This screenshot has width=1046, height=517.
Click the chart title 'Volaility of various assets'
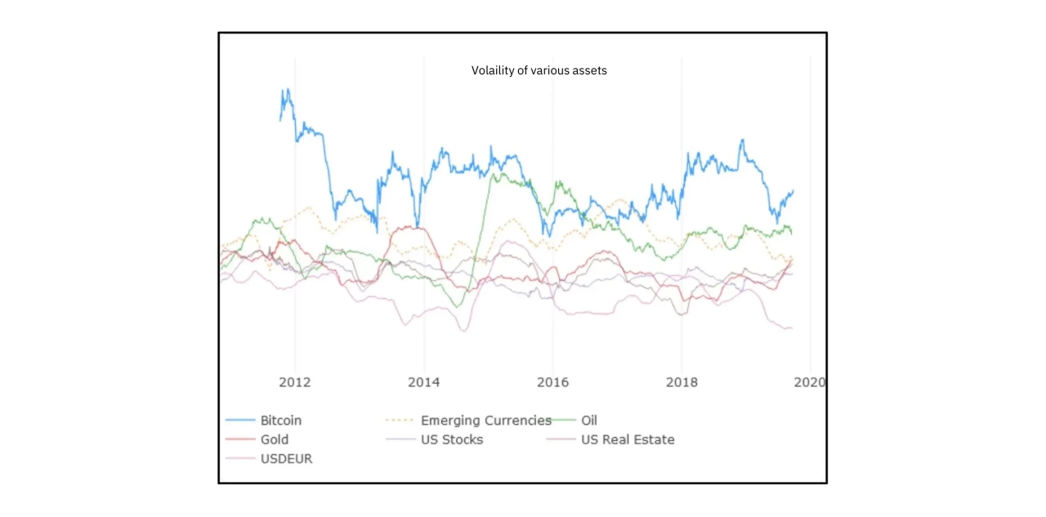[539, 70]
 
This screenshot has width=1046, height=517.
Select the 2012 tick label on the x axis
[295, 382]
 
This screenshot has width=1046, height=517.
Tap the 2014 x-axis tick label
[423, 382]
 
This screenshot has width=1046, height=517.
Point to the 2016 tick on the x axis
[552, 382]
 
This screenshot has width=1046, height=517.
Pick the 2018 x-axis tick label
[681, 382]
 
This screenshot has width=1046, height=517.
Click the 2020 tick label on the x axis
[809, 382]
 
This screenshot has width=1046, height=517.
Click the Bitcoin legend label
[281, 421]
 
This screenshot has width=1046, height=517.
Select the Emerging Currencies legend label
[486, 421]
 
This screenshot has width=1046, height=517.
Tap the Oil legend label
[589, 421]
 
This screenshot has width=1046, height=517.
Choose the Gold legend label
[275, 439]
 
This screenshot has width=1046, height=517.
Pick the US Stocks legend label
[452, 439]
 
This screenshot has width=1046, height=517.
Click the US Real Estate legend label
[628, 439]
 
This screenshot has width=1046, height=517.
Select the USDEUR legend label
[286, 459]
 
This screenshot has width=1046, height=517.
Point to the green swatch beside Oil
[565, 421]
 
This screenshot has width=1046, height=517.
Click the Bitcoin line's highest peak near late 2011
[287, 89]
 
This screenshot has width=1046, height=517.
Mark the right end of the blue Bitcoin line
[793, 191]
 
